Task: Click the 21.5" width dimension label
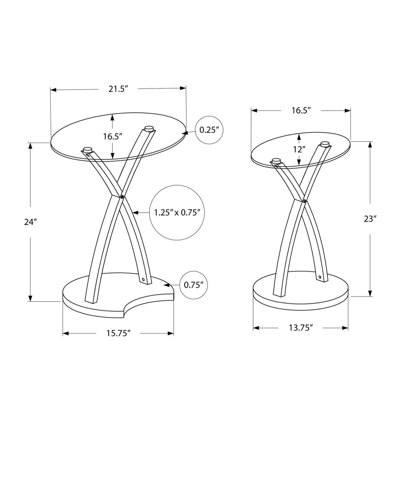pyautogui.click(x=118, y=89)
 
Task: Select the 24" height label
pyautogui.click(x=30, y=222)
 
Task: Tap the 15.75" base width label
pyautogui.click(x=118, y=333)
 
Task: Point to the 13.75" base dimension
pyautogui.click(x=301, y=328)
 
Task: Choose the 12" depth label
pyautogui.click(x=299, y=150)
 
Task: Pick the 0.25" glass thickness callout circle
pyautogui.click(x=209, y=130)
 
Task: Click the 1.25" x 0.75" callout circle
pyautogui.click(x=177, y=213)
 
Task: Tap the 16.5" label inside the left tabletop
pyautogui.click(x=112, y=137)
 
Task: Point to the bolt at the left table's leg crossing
pyautogui.click(x=122, y=197)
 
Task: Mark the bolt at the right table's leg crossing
pyautogui.click(x=304, y=201)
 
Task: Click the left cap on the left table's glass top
pyautogui.click(x=88, y=150)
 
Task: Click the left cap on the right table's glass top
pyautogui.click(x=276, y=160)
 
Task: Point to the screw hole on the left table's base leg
pyautogui.click(x=143, y=280)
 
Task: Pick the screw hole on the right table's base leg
pyautogui.click(x=320, y=277)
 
